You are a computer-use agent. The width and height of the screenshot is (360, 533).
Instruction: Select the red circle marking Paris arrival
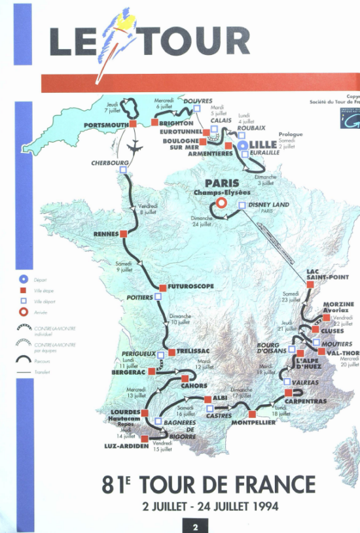tap(222, 203)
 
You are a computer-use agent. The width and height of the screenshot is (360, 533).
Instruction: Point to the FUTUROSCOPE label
tap(190, 286)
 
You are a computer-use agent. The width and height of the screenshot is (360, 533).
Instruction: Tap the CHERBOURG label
tap(109, 162)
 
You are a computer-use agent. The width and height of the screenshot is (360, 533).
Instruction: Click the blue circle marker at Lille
tap(243, 145)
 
